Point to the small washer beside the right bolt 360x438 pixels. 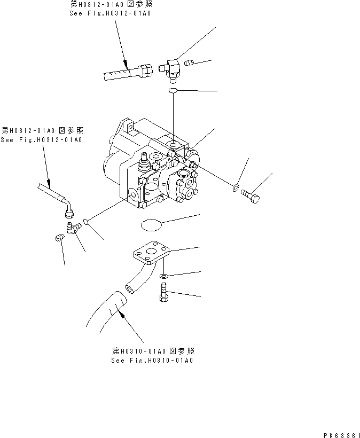(235, 187)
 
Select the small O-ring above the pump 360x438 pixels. (173, 93)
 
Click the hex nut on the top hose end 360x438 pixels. (146, 70)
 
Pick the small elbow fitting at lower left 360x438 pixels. (72, 229)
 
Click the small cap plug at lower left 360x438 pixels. (59, 239)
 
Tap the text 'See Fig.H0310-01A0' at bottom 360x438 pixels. (152, 361)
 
